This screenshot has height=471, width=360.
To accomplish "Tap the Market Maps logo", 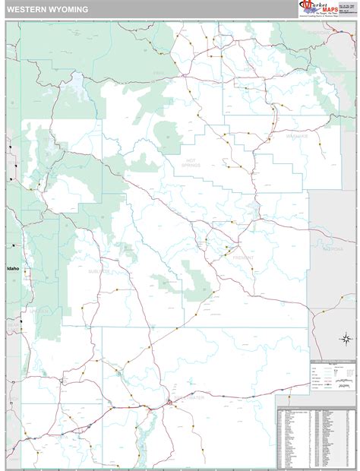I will [326, 8].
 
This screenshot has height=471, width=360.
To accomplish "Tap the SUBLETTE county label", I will [99, 270].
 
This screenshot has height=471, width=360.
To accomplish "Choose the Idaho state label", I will [13, 268].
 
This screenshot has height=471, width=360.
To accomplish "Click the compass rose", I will [345, 338].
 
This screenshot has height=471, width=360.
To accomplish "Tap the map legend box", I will [332, 373].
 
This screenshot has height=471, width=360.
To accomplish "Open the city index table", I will [315, 435].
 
